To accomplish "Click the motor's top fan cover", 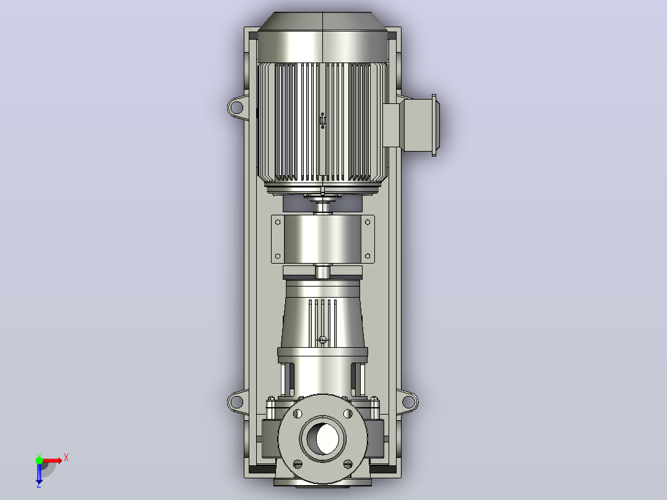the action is point(323,38).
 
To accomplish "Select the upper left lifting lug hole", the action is point(235,106).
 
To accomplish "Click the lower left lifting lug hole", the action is point(235,401).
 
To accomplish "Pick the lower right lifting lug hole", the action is point(408,401).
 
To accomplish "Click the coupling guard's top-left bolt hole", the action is point(278,222).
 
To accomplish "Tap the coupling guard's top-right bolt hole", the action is point(368,222).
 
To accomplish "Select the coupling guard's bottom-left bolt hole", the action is point(278,256).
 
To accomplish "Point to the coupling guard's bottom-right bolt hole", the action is point(368,256).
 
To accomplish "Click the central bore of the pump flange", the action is point(323,438).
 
